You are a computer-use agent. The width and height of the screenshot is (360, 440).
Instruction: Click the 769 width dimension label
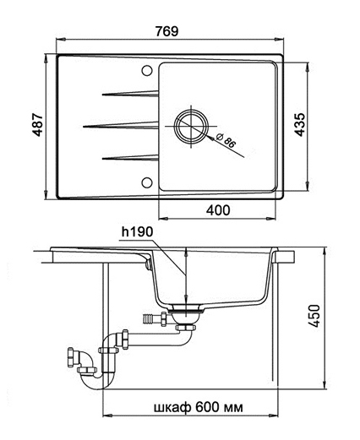point(167,31)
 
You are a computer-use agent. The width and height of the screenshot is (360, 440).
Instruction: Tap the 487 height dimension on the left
point(37,125)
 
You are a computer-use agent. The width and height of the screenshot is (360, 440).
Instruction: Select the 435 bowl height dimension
point(300,125)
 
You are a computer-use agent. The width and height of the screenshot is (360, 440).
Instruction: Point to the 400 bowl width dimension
point(218,210)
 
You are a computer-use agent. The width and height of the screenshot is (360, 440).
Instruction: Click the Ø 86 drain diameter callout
point(226,140)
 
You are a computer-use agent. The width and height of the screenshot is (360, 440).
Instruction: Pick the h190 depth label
point(137,232)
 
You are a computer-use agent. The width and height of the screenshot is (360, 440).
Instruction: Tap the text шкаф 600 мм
point(199,407)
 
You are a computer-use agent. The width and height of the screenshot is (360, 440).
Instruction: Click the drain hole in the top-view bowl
point(191,126)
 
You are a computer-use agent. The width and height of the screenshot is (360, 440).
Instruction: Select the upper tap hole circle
point(147,71)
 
